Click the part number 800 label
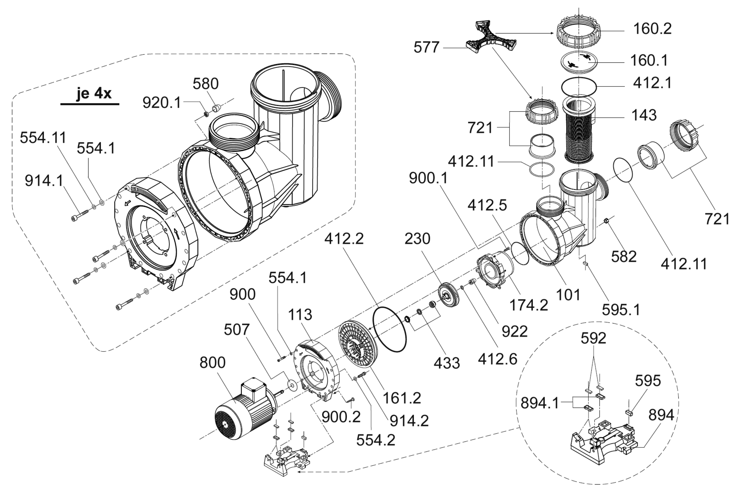212,363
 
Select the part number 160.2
652,29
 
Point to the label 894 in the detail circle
661,415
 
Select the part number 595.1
621,310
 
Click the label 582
624,257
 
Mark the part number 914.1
44,181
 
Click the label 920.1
162,103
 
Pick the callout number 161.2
402,398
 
